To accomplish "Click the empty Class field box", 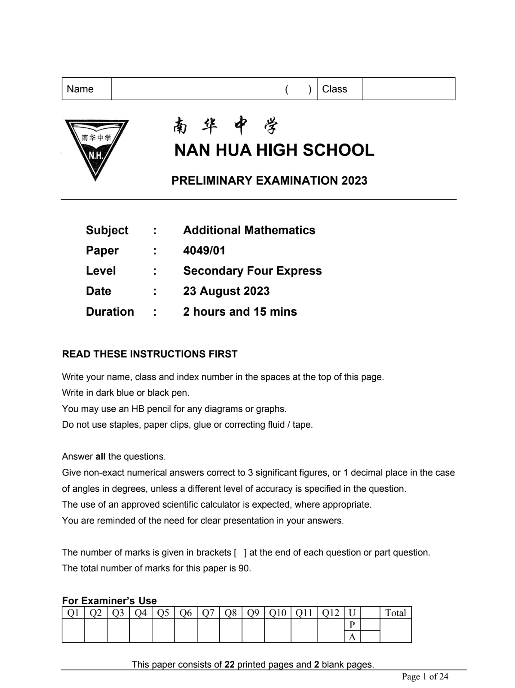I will (408, 89).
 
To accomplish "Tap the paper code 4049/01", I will (204, 250).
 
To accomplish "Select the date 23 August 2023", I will (226, 291).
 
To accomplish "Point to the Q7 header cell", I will (208, 613).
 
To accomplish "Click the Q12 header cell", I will (331, 613).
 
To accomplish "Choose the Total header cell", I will (395, 613).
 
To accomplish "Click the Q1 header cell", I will (74, 613).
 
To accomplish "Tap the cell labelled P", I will (352, 625).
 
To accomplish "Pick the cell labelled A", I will (352, 637).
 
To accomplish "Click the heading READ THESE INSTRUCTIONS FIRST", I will (150, 354).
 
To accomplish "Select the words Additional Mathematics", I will (249, 230).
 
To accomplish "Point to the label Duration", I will (110, 312).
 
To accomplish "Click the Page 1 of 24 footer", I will (425, 677).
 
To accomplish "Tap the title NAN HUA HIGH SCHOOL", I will (274, 150).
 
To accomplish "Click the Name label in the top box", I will (80, 89).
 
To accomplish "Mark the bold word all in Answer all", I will (100, 457).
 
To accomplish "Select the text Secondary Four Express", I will (252, 271).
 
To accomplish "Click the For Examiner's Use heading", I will (109, 600).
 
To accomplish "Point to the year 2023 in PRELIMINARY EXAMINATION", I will (355, 180).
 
